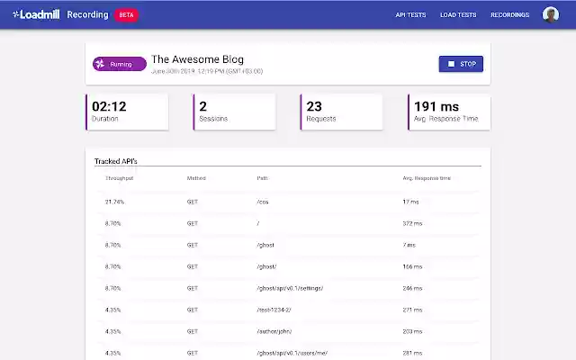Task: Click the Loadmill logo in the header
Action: (37, 14)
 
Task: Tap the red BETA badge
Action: (126, 15)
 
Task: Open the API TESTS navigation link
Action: (410, 15)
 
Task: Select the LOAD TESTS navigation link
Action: (458, 15)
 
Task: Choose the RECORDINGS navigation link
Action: (509, 15)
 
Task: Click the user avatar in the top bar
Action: (551, 14)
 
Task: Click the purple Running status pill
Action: (119, 64)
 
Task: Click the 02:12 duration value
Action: (109, 106)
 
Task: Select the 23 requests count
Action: (314, 106)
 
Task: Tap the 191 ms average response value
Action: (437, 106)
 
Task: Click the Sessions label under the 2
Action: (213, 119)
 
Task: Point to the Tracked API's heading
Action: (116, 161)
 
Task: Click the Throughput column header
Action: (120, 178)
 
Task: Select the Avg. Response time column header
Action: (427, 178)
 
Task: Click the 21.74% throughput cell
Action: (114, 202)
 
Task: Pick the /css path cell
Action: (264, 202)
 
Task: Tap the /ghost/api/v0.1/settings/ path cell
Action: (290, 288)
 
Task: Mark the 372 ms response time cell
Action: (411, 223)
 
